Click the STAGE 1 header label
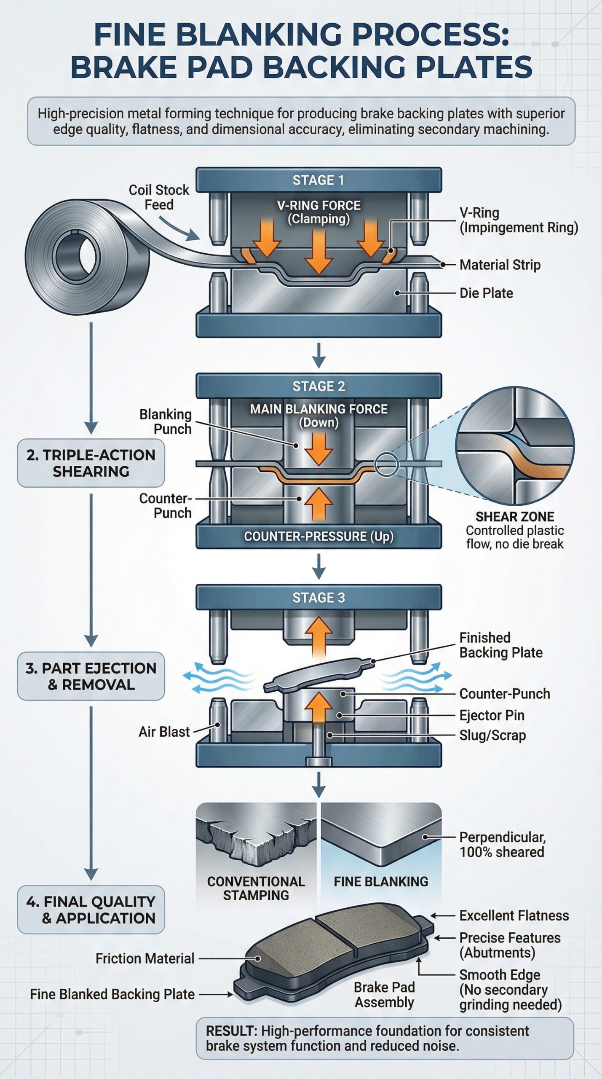point(318,180)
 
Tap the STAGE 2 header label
point(318,386)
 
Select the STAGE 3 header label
point(318,597)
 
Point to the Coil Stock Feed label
point(159,197)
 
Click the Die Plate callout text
point(486,293)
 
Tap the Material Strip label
point(500,265)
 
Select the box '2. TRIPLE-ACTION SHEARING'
point(91,463)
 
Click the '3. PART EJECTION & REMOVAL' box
point(91,676)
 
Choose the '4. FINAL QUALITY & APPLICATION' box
point(91,910)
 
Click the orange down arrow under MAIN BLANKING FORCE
point(318,448)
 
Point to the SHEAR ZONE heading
point(514,516)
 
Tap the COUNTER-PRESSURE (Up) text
point(318,536)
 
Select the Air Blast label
point(164,732)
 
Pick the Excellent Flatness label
point(514,915)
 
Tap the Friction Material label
point(145,958)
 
